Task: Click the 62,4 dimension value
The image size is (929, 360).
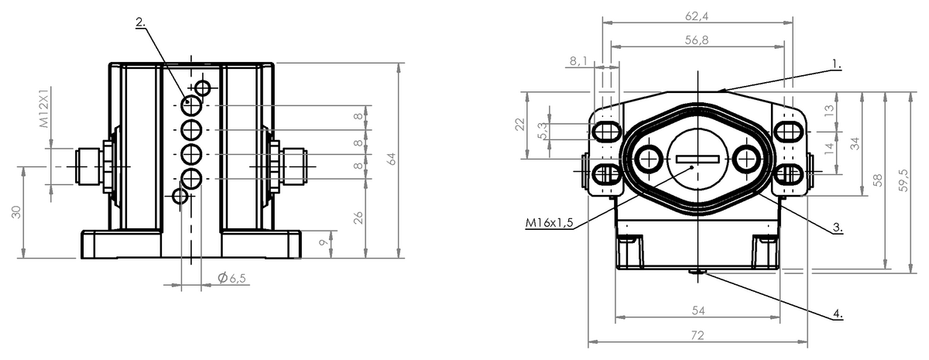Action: point(697,15)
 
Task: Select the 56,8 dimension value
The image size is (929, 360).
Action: point(697,39)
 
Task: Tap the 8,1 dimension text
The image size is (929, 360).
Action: point(578,61)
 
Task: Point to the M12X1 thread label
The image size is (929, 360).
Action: point(44,107)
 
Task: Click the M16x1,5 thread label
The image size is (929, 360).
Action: point(549,223)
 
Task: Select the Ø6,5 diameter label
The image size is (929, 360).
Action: point(231,277)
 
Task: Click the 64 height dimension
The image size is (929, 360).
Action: point(391,159)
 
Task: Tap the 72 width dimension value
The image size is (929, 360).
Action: point(698,334)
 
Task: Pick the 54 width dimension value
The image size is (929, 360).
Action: point(698,310)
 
